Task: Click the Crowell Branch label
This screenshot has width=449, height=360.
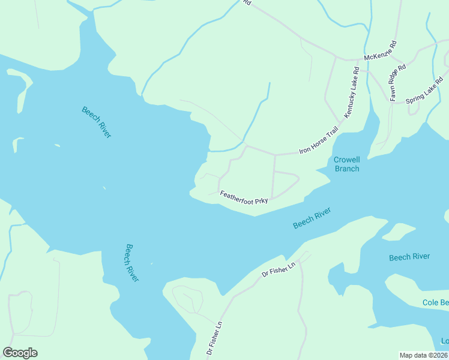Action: point(346,164)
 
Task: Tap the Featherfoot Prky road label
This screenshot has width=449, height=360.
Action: point(243,197)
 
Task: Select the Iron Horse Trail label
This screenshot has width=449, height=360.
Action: point(319,142)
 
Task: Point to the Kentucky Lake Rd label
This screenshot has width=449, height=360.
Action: point(351,92)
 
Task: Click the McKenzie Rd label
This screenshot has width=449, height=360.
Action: point(381,52)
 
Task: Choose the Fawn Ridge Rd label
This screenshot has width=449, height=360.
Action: point(397,82)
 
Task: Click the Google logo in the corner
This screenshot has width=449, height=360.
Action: point(20,353)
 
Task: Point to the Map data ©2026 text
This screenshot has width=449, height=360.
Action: point(423,355)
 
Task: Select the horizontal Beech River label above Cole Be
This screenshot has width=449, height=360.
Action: point(409,257)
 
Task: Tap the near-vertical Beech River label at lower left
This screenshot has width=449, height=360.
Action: point(132,262)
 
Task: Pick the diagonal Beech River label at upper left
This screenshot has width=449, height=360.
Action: point(97,122)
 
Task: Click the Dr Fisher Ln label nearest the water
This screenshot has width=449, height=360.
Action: point(279,269)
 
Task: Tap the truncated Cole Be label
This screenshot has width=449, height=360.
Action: point(435,303)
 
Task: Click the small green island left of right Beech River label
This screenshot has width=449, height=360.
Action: point(399,231)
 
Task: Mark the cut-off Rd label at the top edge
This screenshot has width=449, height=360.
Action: point(247,3)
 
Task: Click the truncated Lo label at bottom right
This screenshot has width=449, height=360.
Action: point(444,341)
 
